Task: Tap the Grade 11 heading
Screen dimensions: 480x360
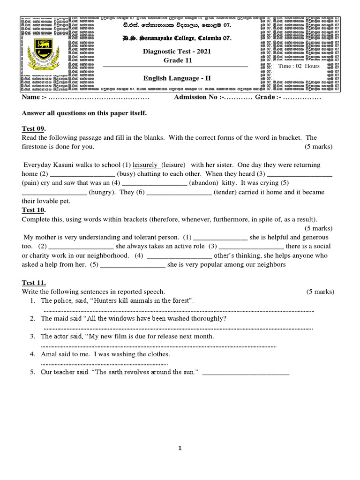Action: click(x=174, y=61)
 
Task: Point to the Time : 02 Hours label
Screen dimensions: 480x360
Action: click(x=299, y=66)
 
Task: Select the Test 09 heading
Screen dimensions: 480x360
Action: click(x=34, y=129)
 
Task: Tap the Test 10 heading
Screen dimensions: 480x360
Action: click(x=34, y=210)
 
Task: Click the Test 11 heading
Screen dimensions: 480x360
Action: click(x=34, y=283)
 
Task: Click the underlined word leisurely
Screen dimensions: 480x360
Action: click(x=147, y=165)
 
